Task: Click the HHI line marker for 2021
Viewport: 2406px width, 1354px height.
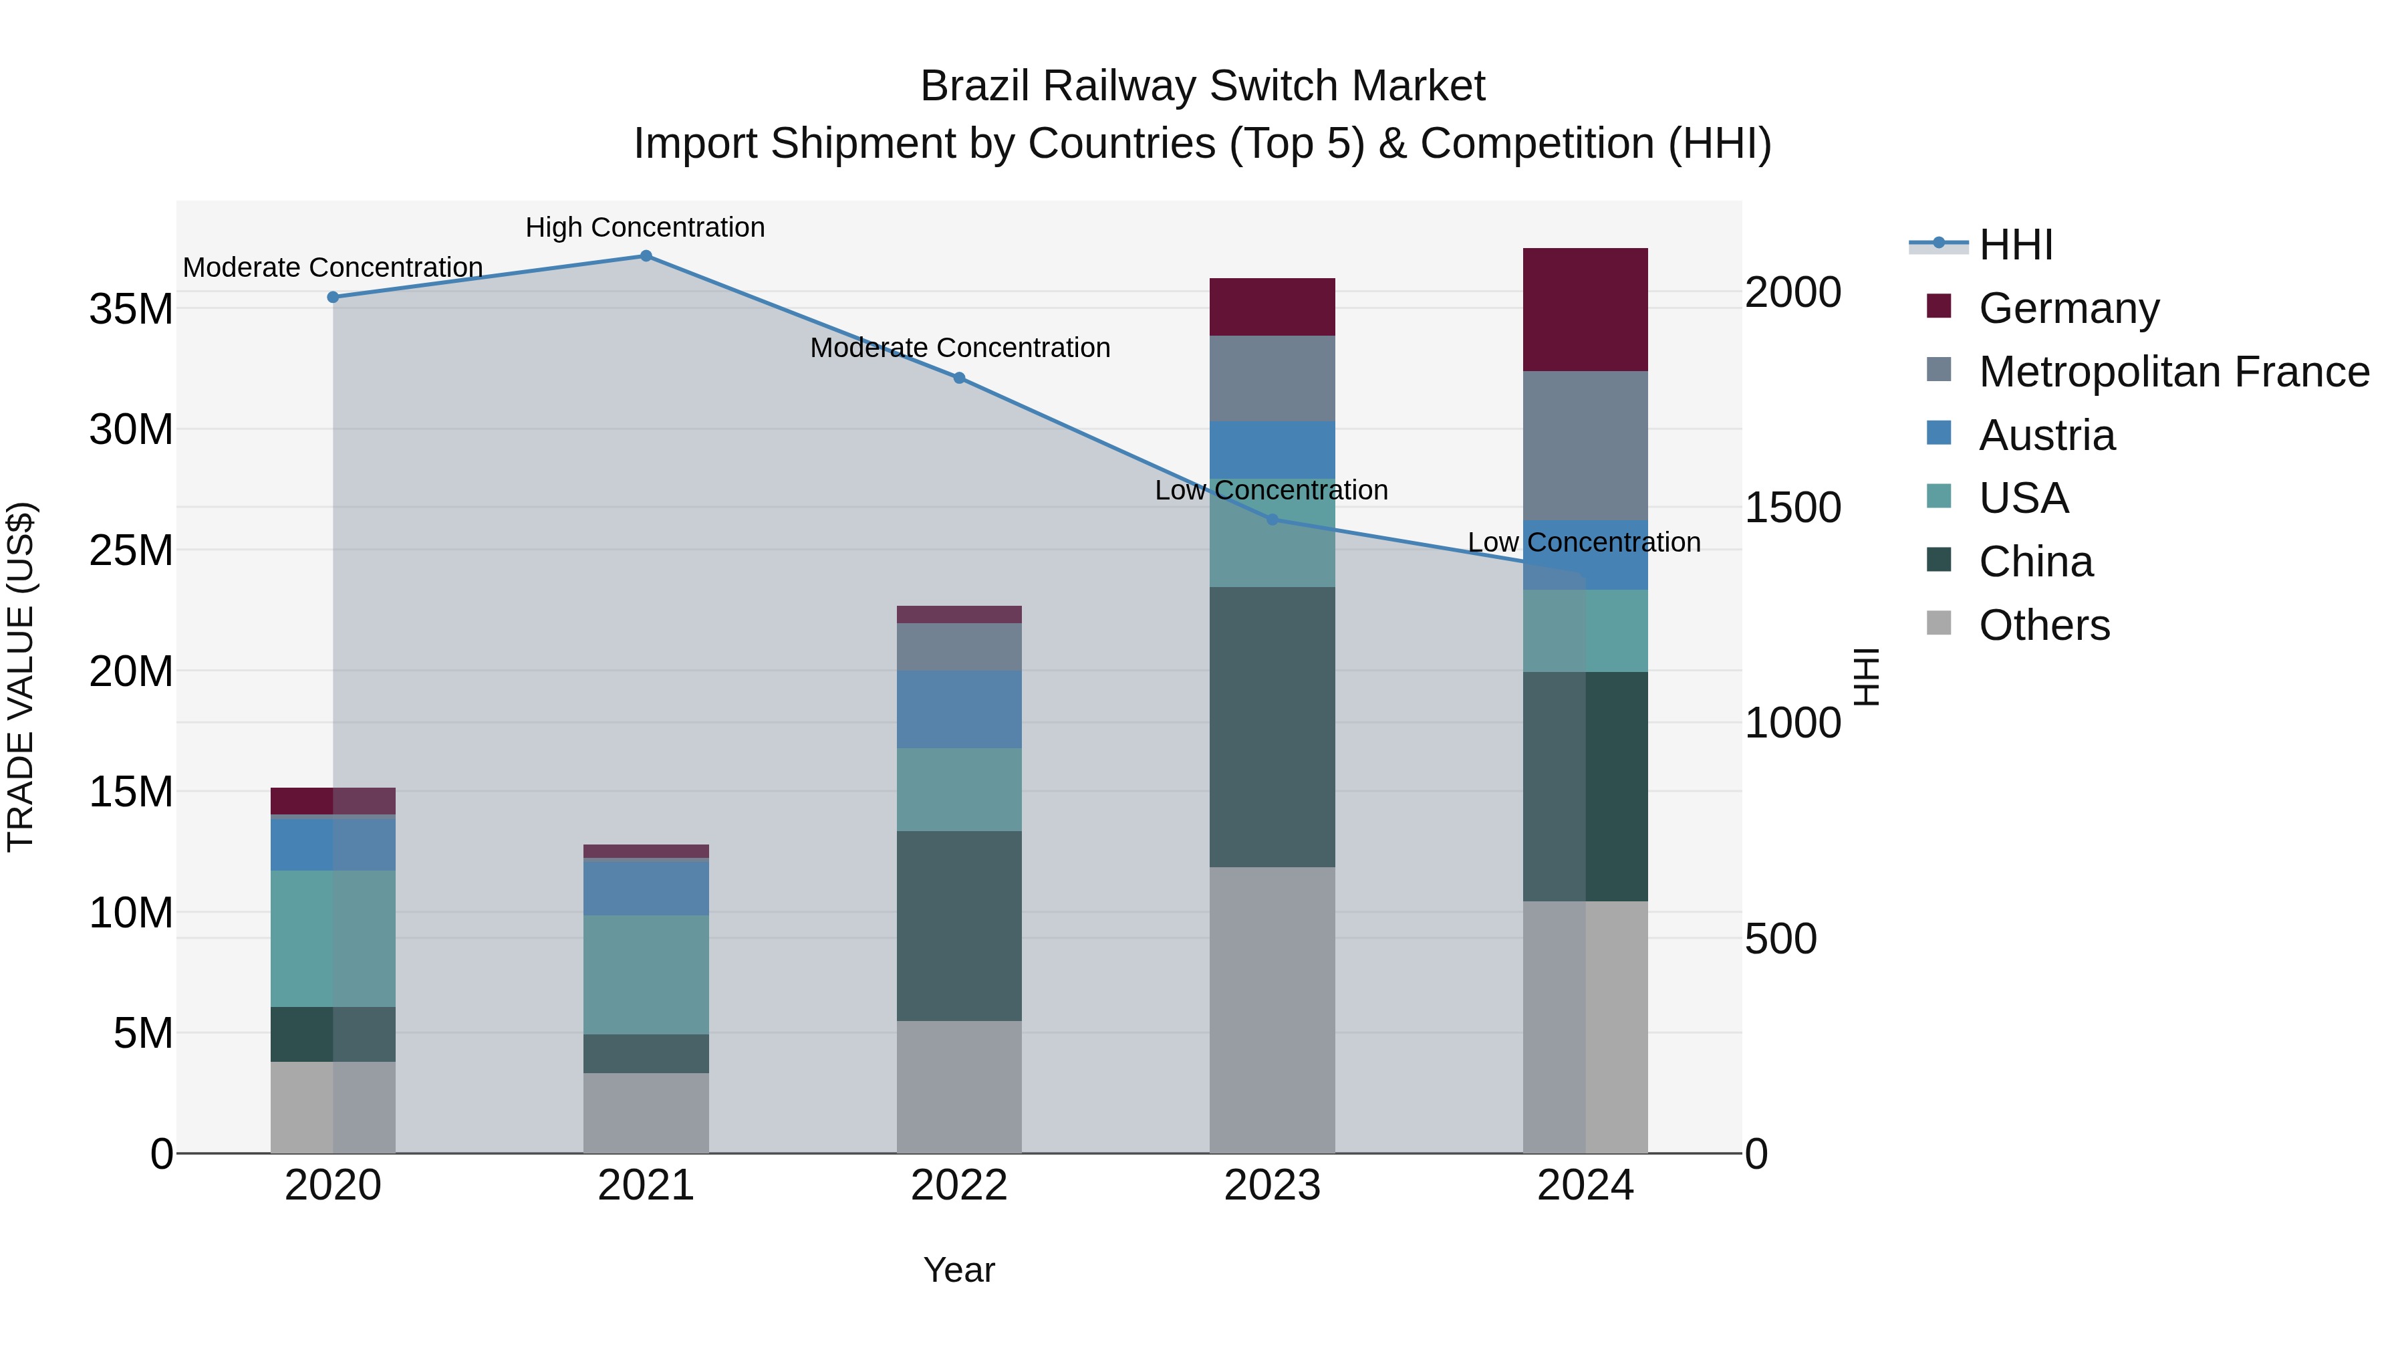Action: [646, 256]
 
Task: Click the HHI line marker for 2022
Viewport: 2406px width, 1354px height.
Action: [959, 378]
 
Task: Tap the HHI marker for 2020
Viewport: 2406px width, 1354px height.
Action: [333, 297]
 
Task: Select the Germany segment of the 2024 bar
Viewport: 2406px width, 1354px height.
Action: [1585, 310]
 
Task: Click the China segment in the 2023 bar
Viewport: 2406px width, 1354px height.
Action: [1272, 726]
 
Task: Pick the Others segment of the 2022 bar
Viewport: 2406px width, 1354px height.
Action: [959, 1086]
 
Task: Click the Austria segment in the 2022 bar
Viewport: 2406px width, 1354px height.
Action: [959, 708]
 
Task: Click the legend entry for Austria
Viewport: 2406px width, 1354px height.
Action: [2046, 435]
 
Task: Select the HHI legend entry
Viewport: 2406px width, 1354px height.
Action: [2016, 245]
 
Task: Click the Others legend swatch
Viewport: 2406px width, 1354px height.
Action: [1939, 623]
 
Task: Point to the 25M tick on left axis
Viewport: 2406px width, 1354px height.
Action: [131, 550]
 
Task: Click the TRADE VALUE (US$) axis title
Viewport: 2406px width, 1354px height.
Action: [21, 677]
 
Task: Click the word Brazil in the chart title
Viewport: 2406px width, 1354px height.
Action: [975, 86]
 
